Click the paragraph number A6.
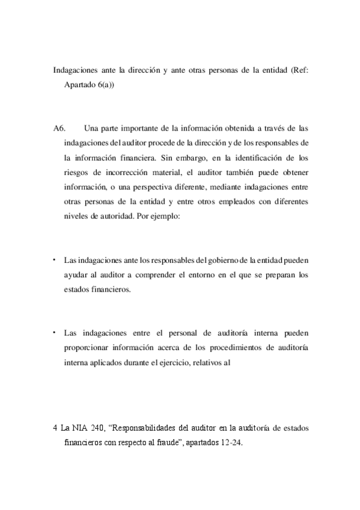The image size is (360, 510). (x=58, y=128)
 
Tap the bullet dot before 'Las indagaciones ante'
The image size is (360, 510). (x=54, y=260)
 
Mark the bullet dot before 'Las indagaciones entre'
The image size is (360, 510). (x=54, y=332)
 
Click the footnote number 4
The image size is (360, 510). (x=55, y=428)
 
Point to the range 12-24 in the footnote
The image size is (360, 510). (x=230, y=443)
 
